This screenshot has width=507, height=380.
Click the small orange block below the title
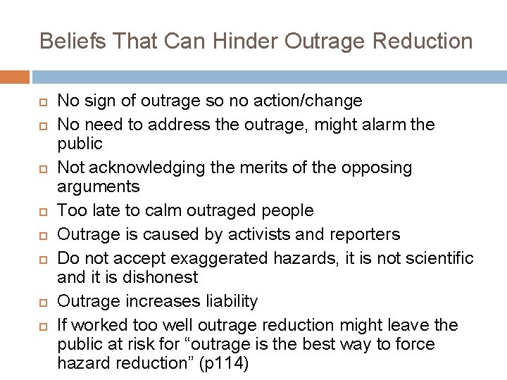click(15, 77)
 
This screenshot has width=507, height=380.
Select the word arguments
click(99, 187)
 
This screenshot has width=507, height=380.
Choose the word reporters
click(365, 234)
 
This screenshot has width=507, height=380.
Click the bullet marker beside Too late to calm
click(42, 210)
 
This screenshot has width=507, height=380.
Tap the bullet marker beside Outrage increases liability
click(42, 301)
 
